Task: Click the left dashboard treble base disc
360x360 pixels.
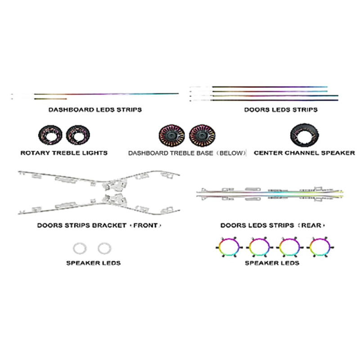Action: click(x=172, y=136)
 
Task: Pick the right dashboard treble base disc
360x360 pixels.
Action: click(x=202, y=136)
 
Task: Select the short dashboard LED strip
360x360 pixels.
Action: click(x=50, y=99)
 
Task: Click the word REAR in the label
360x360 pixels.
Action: click(x=311, y=225)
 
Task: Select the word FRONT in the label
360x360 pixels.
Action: click(x=145, y=225)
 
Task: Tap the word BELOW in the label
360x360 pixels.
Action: click(x=231, y=153)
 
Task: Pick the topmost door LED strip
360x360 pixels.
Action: click(x=270, y=87)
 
